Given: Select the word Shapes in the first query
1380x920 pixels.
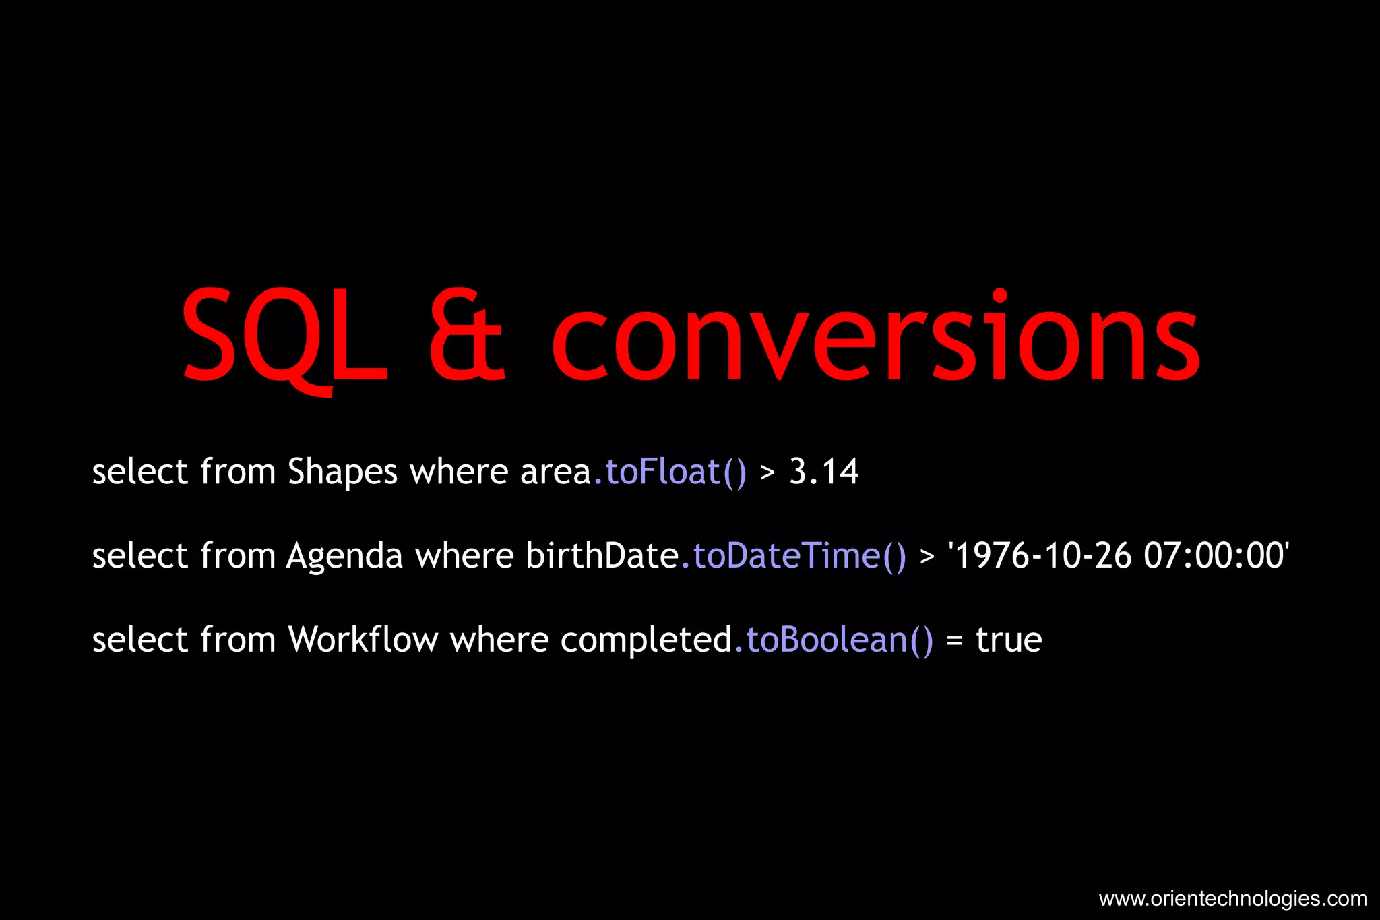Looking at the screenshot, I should [342, 472].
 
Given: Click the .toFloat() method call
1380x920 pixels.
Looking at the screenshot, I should [670, 472].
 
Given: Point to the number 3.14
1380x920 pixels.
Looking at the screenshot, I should [823, 472].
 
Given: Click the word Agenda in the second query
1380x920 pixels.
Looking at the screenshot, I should [344, 557].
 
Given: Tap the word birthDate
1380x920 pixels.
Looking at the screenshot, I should [602, 556].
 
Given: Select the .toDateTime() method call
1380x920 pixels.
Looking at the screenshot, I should [793, 557].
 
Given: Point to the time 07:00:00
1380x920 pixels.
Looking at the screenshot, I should [1215, 556].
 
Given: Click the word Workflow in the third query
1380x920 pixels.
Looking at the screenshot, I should [363, 640].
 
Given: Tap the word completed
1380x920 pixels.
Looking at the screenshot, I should [646, 641].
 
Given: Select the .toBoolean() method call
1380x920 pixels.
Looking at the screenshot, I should [834, 640].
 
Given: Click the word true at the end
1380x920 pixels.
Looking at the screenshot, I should [1009, 640].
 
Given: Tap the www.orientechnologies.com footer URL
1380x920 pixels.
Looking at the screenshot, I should [1232, 899].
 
